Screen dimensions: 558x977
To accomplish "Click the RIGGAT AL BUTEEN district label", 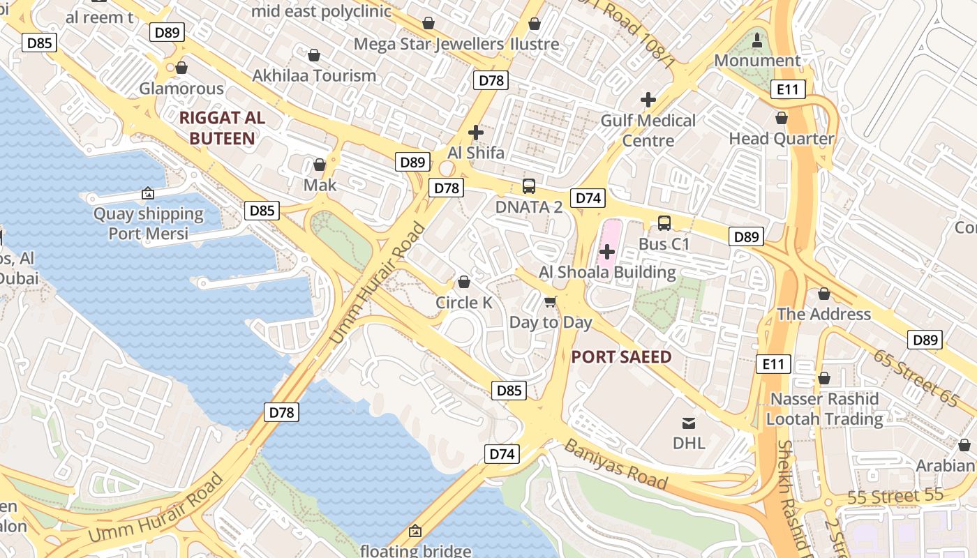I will click(222, 128).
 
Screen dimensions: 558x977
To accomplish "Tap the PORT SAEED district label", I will click(621, 357).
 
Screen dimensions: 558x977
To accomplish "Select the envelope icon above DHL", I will click(689, 423).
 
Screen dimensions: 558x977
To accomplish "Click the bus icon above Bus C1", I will click(664, 223).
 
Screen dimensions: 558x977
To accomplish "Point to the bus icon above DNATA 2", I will click(528, 186).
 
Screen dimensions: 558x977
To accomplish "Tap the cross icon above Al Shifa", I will click(476, 133).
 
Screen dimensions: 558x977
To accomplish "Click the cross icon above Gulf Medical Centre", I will click(648, 100).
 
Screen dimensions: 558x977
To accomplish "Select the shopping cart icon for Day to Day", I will click(551, 302).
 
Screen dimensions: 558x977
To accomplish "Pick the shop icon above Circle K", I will click(463, 282).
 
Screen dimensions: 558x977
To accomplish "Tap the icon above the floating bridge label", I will click(415, 531).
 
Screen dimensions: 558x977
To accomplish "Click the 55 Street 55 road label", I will click(895, 497).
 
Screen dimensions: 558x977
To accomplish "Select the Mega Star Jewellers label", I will click(428, 45).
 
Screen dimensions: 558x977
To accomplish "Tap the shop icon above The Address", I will click(823, 294).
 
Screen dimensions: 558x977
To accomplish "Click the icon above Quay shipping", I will click(148, 193).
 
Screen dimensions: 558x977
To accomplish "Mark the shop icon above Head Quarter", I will click(782, 119).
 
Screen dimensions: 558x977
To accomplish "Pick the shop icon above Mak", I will click(320, 165).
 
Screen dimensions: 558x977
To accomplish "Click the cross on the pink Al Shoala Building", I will click(607, 251).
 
